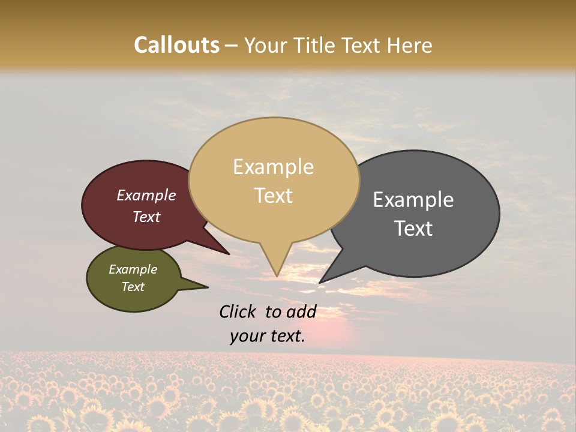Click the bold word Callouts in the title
[x=176, y=45]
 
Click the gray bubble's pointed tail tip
[x=320, y=282]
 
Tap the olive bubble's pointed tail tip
[x=208, y=287]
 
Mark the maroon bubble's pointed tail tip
[x=229, y=254]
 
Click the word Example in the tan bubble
[x=273, y=167]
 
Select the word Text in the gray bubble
[x=413, y=229]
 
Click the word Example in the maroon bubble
[x=146, y=195]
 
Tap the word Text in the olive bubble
[x=133, y=287]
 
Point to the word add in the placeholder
[x=302, y=311]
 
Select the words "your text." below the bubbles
[x=268, y=336]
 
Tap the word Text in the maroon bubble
[x=146, y=217]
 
